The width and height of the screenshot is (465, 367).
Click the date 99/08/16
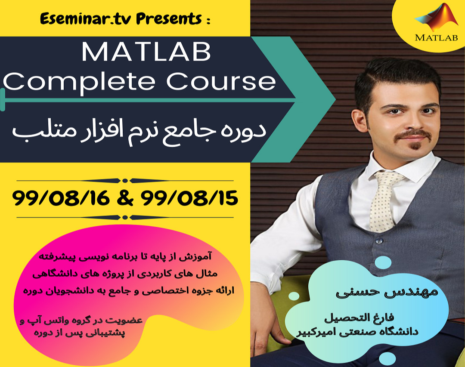coord(63,199)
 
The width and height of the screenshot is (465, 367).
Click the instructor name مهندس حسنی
coord(387,292)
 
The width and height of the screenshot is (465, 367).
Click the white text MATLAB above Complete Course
coord(146,52)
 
